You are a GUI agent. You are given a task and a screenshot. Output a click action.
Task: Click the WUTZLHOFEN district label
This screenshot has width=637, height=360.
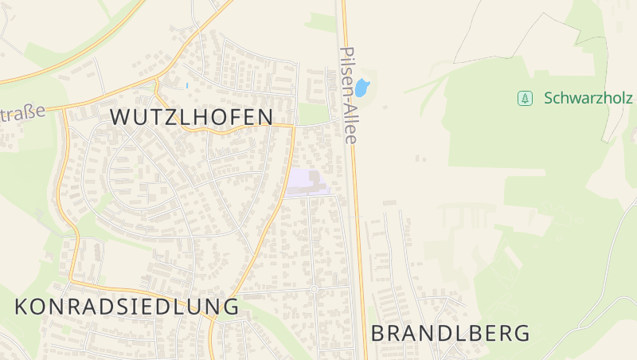click(191, 116)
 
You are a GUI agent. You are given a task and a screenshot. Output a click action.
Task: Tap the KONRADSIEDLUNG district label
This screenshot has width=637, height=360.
click(127, 307)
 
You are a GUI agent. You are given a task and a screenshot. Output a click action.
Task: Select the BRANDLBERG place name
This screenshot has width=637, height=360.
click(450, 333)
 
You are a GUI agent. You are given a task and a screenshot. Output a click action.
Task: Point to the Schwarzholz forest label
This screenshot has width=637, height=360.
click(588, 98)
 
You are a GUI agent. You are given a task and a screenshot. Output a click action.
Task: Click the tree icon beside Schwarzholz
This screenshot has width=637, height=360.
click(525, 98)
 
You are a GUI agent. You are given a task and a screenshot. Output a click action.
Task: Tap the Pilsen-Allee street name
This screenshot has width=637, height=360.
click(348, 93)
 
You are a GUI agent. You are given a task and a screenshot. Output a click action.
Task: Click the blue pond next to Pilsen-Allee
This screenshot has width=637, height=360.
click(362, 87)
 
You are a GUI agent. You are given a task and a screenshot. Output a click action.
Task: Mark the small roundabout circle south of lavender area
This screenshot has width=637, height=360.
click(314, 289)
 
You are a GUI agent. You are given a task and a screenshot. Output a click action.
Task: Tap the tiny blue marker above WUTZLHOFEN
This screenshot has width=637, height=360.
click(186, 85)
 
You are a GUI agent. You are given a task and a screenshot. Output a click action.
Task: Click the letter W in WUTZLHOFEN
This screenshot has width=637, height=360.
click(119, 116)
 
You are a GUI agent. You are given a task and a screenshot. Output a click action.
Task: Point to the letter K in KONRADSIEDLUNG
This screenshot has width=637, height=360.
click(22, 307)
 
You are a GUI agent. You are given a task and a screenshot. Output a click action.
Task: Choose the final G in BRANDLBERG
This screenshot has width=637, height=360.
click(522, 333)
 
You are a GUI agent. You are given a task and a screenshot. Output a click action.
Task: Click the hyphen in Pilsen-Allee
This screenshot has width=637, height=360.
click(348, 100)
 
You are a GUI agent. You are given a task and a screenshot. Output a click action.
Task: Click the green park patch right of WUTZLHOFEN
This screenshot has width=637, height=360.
click(312, 115)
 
